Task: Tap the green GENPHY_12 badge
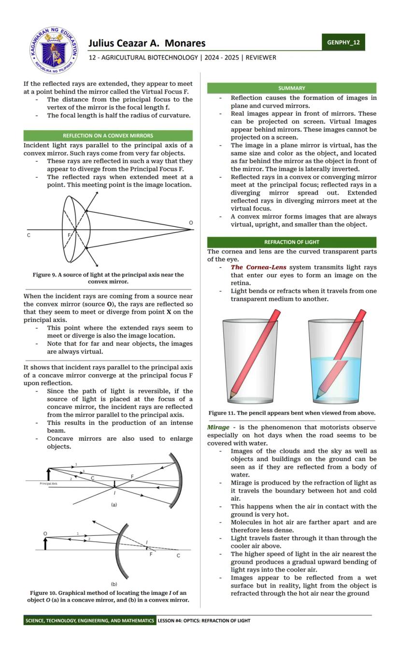pyautogui.click(x=343, y=42)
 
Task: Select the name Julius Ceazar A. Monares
pyautogui.click(x=147, y=43)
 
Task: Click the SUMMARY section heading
pyautogui.click(x=291, y=88)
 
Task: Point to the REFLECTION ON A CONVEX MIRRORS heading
pyautogui.click(x=108, y=136)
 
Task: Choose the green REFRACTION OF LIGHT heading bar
pyautogui.click(x=291, y=242)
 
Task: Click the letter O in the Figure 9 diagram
pyautogui.click(x=191, y=223)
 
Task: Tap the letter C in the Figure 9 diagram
pyautogui.click(x=29, y=235)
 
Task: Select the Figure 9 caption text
pyautogui.click(x=108, y=278)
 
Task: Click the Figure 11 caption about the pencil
pyautogui.click(x=291, y=413)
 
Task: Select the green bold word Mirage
pyautogui.click(x=218, y=428)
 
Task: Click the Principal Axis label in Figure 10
pyautogui.click(x=48, y=483)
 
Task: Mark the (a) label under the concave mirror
pyautogui.click(x=114, y=504)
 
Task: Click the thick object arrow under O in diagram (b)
pyautogui.click(x=45, y=544)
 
